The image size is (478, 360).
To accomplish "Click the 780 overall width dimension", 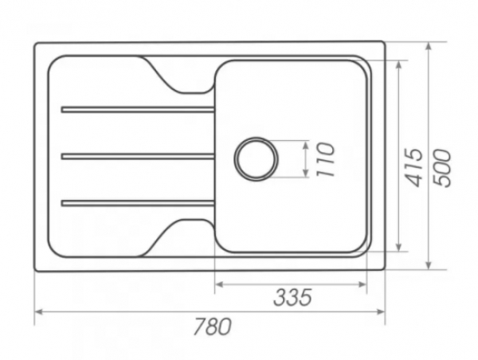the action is click(213, 327).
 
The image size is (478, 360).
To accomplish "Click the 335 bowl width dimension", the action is click(292, 297).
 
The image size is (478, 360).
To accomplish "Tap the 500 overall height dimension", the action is click(442, 167).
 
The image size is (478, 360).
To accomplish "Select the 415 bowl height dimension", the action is click(415, 167).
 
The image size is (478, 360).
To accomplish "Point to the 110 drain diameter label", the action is click(325, 159).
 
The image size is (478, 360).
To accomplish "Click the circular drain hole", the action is click(256, 158).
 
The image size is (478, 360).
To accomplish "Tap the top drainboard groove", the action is click(138, 109).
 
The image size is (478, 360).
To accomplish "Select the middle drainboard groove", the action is click(138, 156).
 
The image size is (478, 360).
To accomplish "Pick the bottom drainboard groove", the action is click(138, 203).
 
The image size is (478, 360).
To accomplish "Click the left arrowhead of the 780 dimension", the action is click(38, 311).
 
